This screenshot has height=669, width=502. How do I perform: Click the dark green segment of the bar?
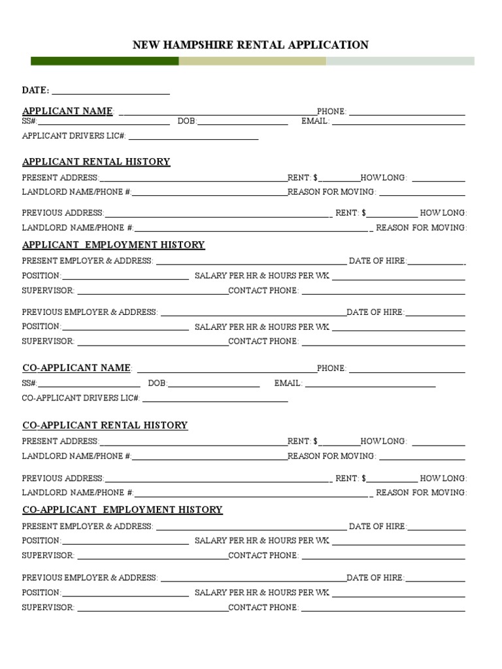coord(105,61)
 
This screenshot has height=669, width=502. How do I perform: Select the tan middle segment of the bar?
coord(252,61)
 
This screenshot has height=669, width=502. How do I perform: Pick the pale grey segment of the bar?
coord(400,61)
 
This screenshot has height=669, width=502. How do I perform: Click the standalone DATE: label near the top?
coord(36,90)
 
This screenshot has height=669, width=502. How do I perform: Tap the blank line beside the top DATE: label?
coord(110,93)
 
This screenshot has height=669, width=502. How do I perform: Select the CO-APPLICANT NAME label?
coord(77,368)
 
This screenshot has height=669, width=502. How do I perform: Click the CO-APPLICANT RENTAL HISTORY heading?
coord(105,425)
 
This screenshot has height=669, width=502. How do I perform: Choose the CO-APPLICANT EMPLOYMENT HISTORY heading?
coord(122,510)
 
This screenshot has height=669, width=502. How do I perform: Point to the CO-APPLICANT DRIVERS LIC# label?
coord(81,398)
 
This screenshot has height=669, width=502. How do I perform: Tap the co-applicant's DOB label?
coord(158,383)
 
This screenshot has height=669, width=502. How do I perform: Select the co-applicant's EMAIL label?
coord(288,383)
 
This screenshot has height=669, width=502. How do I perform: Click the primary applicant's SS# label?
coord(30,122)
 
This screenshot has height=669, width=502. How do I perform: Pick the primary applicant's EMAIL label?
coord(315,122)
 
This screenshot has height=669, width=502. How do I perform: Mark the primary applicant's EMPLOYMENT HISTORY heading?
coord(113,245)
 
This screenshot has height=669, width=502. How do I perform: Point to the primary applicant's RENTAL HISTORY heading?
coord(96,162)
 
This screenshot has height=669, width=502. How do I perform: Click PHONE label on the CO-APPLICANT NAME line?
coord(331,368)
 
